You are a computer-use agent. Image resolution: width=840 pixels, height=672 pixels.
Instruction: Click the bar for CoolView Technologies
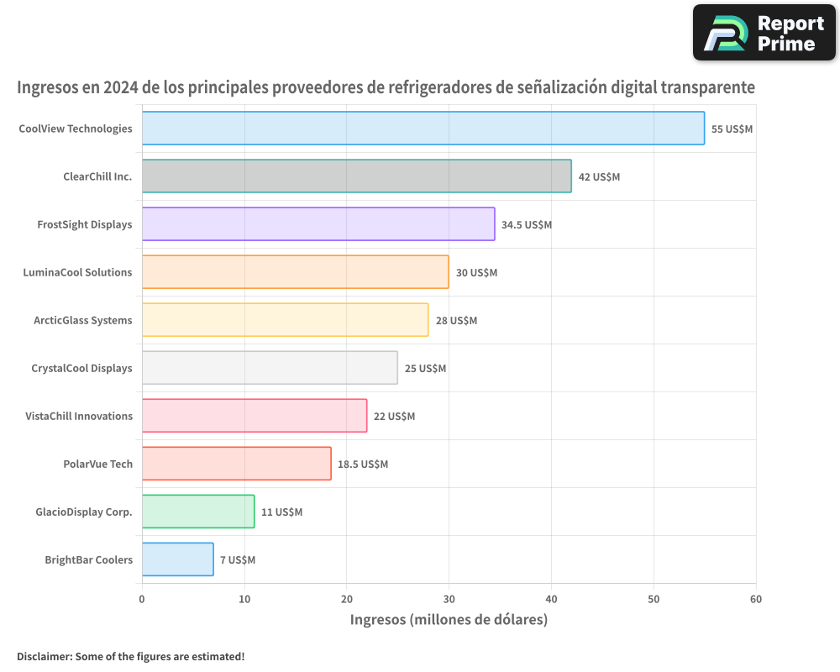tap(423, 129)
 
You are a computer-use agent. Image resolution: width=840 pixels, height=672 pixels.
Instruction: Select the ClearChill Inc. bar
tap(356, 176)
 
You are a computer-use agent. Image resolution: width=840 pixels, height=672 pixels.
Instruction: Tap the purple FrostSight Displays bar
tap(318, 224)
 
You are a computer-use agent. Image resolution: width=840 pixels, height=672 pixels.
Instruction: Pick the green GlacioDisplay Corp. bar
tap(197, 512)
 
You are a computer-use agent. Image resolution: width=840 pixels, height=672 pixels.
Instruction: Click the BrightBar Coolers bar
tap(177, 559)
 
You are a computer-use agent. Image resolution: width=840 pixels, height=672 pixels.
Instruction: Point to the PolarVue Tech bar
tap(236, 464)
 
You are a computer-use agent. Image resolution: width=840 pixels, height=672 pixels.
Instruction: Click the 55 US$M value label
tap(732, 129)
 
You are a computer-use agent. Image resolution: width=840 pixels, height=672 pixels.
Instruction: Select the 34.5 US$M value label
tap(527, 225)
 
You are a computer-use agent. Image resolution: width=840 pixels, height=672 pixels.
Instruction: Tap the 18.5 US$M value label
tap(363, 465)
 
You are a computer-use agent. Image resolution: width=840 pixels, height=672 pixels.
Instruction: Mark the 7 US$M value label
tap(238, 560)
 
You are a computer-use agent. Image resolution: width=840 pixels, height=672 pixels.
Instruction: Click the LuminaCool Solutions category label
tap(77, 272)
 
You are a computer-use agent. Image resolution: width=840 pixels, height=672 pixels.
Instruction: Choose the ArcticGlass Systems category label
tap(82, 320)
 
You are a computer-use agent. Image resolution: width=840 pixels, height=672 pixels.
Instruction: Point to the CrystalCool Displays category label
tap(81, 368)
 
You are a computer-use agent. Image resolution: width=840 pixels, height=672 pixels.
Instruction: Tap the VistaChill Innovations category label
tap(79, 416)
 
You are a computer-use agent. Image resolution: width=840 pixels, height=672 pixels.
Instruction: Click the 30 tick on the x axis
tap(449, 599)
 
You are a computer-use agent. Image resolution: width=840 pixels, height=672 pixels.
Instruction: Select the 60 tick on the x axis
tap(756, 599)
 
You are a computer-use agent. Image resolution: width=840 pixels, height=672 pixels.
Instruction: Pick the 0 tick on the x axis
tap(142, 599)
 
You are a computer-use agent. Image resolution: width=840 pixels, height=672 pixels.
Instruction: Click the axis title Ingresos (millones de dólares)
tap(449, 620)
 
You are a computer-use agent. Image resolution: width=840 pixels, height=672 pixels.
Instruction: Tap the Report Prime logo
tap(764, 33)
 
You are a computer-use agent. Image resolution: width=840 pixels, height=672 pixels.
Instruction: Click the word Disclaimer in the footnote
tap(44, 656)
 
